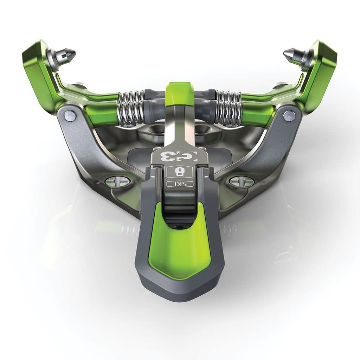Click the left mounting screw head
pyautogui.click(x=118, y=181)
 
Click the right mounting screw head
pyautogui.click(x=242, y=181)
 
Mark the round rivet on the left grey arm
pyautogui.click(x=70, y=116)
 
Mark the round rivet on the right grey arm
pyautogui.click(x=289, y=116)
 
